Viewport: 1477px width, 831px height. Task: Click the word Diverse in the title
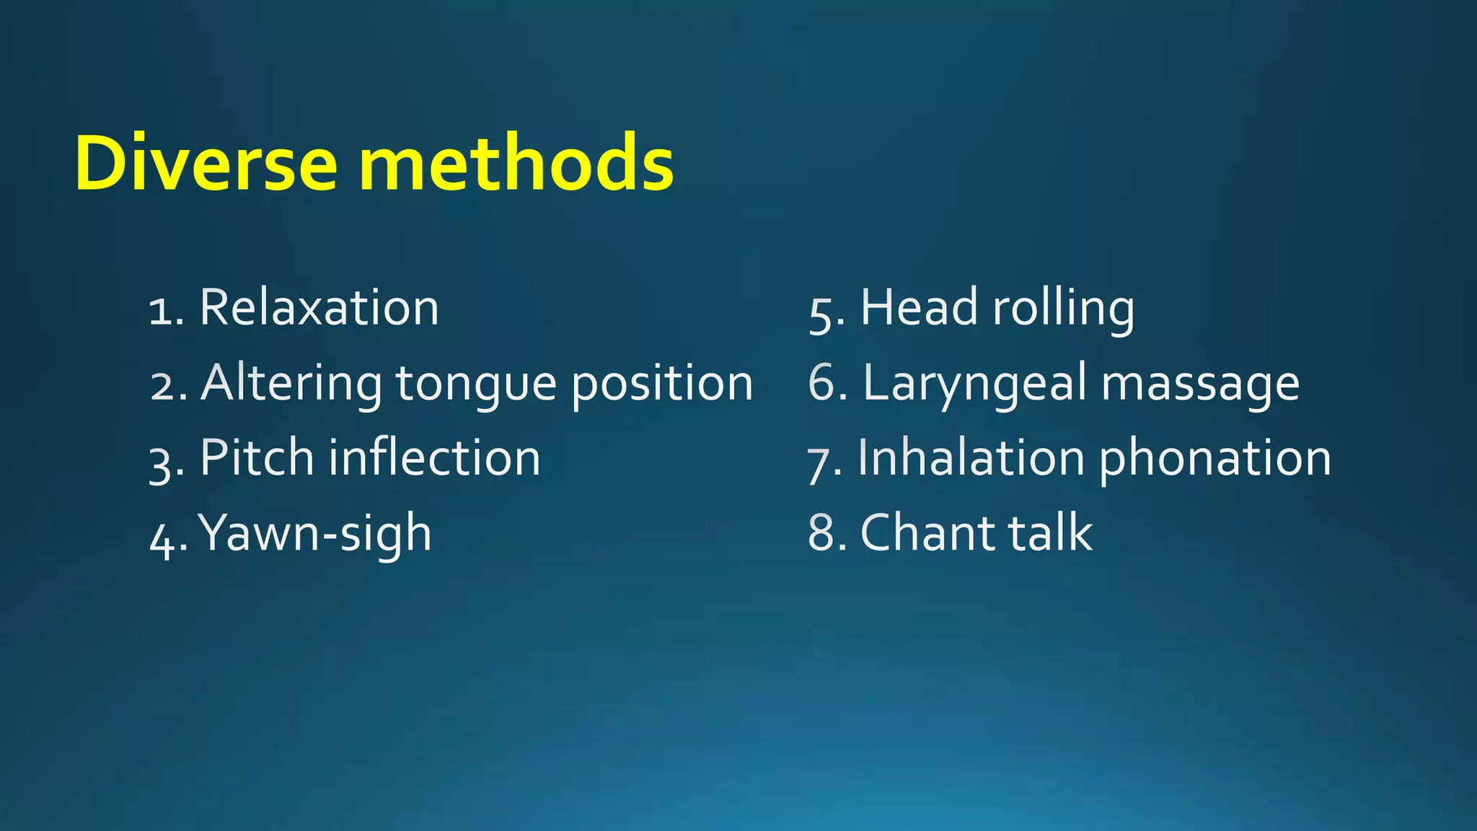(x=206, y=164)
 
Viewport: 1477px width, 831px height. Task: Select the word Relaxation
(x=319, y=308)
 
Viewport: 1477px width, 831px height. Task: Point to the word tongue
(x=476, y=384)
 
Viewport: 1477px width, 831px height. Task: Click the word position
(x=662, y=384)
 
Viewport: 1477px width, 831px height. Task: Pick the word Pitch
(x=257, y=458)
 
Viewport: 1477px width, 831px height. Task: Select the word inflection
(x=434, y=458)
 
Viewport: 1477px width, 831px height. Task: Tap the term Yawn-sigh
(x=315, y=535)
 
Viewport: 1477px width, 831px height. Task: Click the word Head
(x=919, y=308)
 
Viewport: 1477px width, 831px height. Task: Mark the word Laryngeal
(x=974, y=384)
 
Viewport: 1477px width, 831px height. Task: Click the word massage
(x=1200, y=384)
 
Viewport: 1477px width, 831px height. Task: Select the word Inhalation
(x=971, y=458)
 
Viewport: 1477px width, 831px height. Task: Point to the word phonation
(x=1214, y=460)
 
